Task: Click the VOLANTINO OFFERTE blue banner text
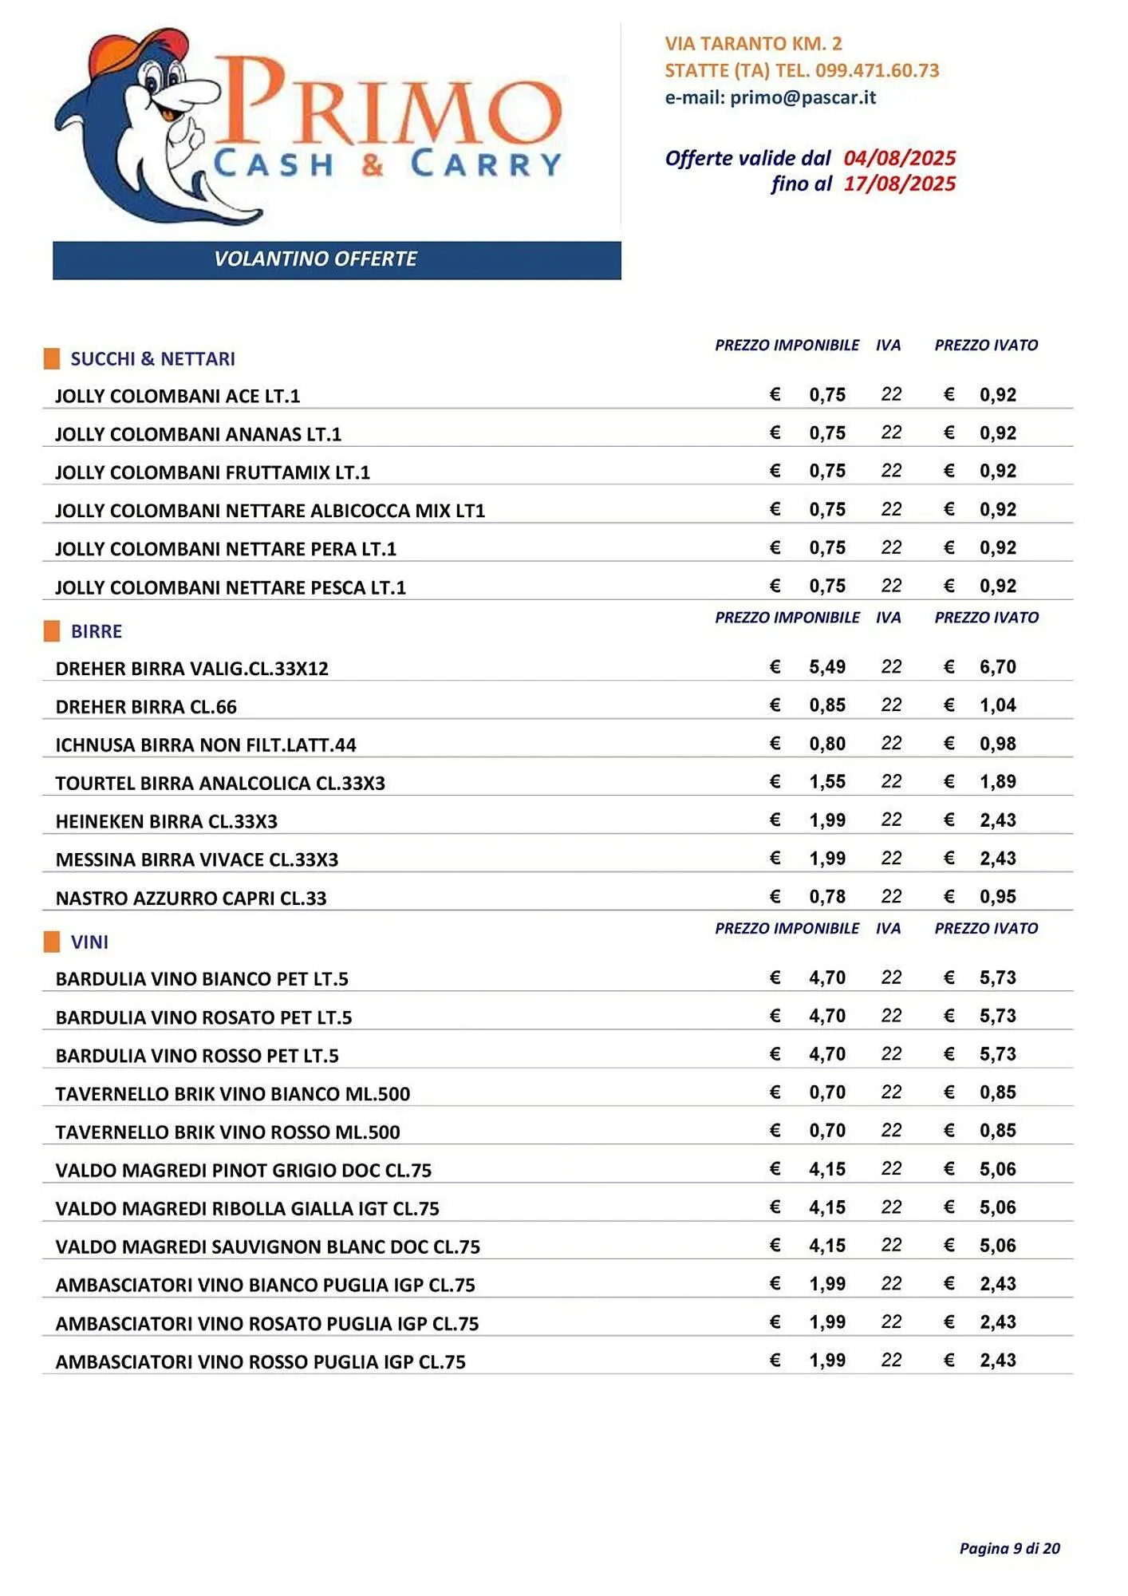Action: tap(315, 259)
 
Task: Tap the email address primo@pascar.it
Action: tap(803, 97)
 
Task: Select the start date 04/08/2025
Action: tap(899, 158)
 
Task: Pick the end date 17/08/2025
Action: tap(899, 184)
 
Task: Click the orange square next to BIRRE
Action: tap(52, 631)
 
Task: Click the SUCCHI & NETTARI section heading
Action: tap(152, 359)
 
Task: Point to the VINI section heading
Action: tap(89, 942)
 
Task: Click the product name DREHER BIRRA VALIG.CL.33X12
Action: tap(191, 669)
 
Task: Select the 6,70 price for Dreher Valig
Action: tap(997, 667)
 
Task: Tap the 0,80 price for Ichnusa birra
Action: tap(826, 744)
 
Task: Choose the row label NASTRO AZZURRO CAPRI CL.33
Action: tap(191, 899)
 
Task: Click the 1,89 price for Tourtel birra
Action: tap(997, 782)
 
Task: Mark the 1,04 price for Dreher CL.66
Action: tap(997, 705)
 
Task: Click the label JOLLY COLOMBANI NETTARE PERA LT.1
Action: tap(225, 549)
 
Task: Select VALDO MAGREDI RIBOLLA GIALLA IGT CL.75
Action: tap(247, 1209)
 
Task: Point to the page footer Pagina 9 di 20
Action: tap(1009, 1549)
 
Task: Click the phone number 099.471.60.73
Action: tap(877, 70)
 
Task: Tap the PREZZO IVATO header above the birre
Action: tap(986, 618)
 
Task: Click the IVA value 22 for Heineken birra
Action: tap(891, 820)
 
